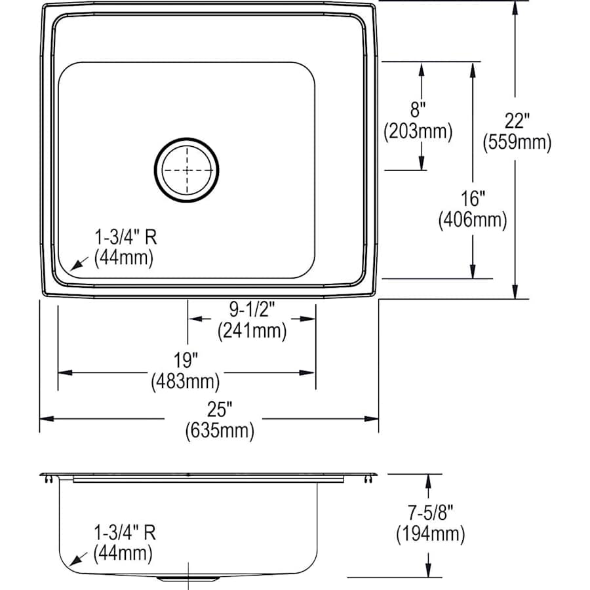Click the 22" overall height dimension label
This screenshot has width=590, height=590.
click(517, 121)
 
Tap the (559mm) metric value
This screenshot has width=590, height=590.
click(517, 143)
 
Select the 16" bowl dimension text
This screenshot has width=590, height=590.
click(473, 198)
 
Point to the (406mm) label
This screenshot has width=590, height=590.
click(473, 220)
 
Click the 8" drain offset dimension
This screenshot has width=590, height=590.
click(418, 110)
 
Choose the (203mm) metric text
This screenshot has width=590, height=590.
click(418, 132)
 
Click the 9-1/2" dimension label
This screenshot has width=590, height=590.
click(252, 309)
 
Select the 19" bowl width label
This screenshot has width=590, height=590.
click(186, 360)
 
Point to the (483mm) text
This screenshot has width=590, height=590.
click(186, 382)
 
